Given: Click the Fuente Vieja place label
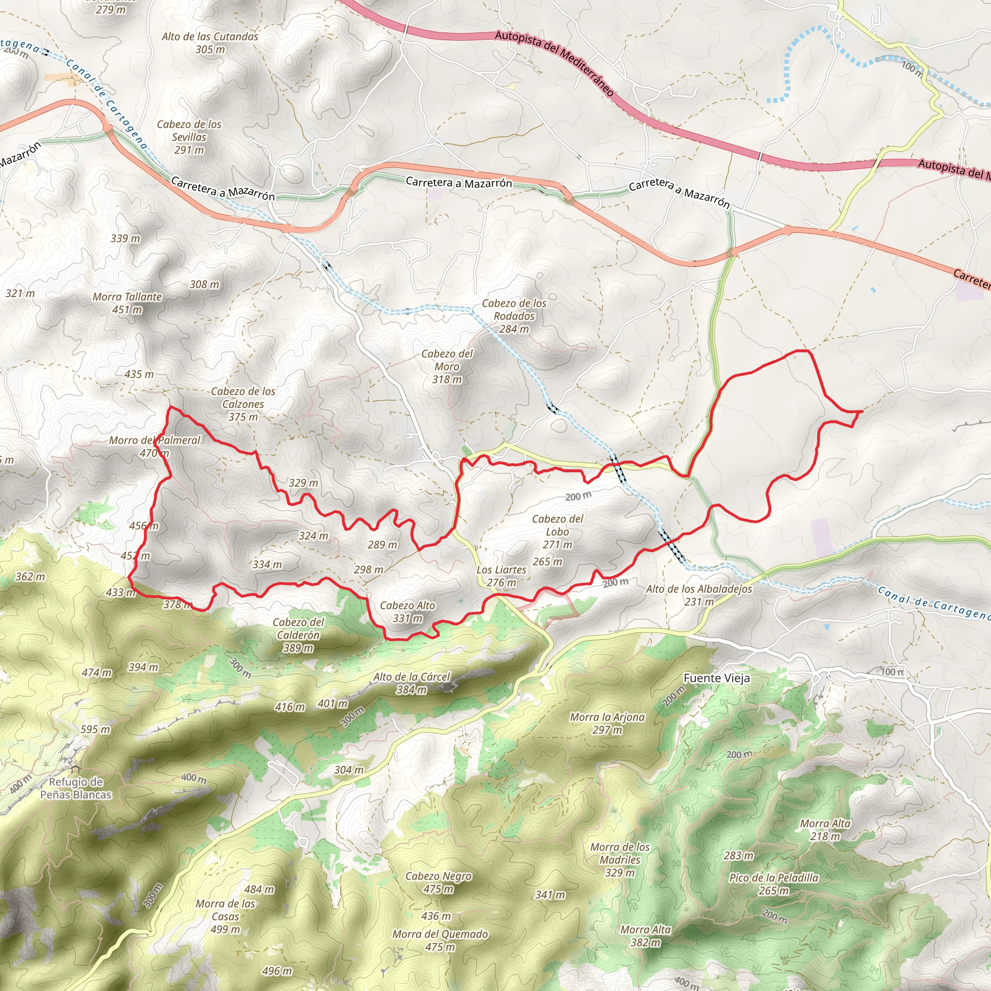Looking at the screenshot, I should coord(717,678).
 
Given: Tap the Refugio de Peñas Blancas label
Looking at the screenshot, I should coord(76,788).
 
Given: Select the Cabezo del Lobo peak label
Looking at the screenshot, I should coord(557,531).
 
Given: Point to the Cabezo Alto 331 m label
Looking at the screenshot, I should coord(407,612).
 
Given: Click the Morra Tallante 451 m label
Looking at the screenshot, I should coord(127,303).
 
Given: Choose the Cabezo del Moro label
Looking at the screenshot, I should coord(447,366).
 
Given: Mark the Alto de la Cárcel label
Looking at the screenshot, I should coord(411,683).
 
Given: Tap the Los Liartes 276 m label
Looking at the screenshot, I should coord(501,576).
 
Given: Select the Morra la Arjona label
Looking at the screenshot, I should coord(607,723).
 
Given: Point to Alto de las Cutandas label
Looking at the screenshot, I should coord(210,43).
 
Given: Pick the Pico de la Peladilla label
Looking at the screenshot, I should coord(774,884).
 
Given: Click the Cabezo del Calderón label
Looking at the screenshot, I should coord(298,635).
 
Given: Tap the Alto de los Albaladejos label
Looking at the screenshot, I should coord(699,595).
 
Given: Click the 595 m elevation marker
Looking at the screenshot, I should coord(95,729).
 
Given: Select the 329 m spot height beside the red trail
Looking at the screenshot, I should coord(303,482).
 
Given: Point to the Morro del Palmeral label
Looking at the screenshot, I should coord(154,446).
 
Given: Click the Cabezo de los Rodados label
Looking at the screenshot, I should coord(514,316).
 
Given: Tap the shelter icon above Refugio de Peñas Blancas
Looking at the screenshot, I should coord(76,769).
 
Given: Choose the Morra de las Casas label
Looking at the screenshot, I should coord(225,916).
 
